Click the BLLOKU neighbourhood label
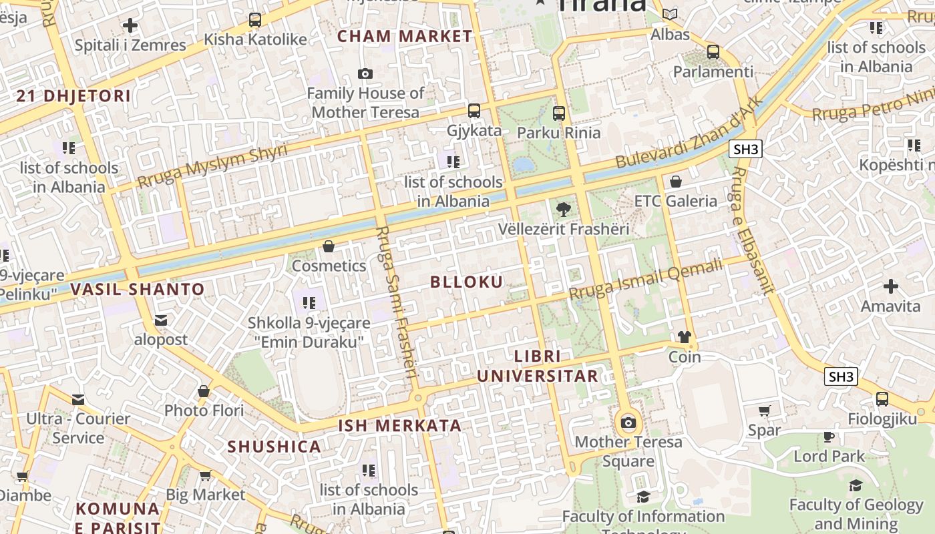466,282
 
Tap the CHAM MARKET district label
405,36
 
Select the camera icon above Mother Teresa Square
628,422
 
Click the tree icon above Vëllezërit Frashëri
564,209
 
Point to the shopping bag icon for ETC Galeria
676,181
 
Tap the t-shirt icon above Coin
685,337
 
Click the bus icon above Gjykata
474,111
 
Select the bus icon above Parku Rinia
559,113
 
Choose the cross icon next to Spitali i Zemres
130,26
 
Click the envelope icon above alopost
161,320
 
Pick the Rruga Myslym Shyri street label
212,166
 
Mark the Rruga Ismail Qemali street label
646,280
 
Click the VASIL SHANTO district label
137,289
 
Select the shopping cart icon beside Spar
765,411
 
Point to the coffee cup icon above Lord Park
829,437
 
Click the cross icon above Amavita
891,286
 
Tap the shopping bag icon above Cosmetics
329,246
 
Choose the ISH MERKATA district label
399,425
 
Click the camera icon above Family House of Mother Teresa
365,73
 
